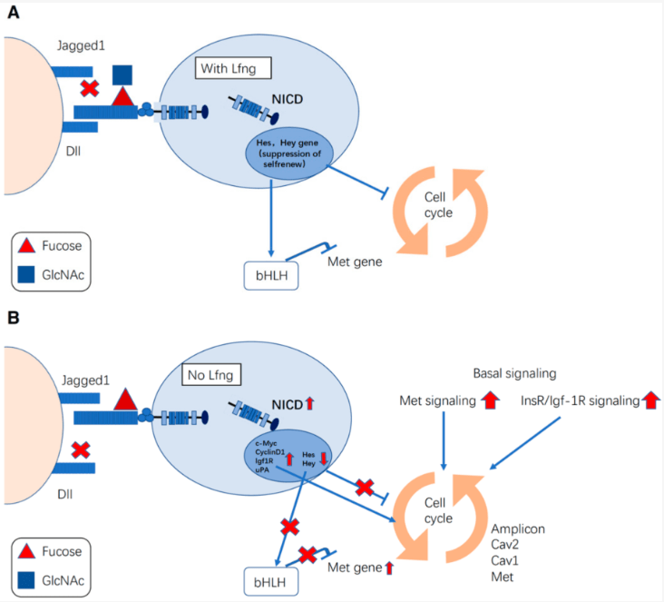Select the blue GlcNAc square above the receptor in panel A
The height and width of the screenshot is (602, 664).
[122, 74]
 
